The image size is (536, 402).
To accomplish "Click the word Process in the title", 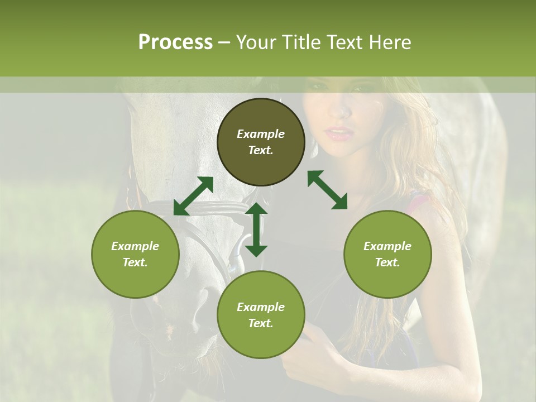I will pos(175,42).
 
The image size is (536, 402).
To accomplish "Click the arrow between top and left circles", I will pos(193,196).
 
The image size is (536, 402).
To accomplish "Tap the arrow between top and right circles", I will pos(327,190).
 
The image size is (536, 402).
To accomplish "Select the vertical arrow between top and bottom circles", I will pos(256,229).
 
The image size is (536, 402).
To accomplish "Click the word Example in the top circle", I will pos(261,134).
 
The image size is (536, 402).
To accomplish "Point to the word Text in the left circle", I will pos(135,262).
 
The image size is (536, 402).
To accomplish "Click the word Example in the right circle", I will pos(387,246).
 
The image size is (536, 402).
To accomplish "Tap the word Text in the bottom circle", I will pos(261,323).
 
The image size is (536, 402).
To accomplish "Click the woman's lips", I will pos(339,134).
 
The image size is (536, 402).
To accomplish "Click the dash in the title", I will pos(224,42).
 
